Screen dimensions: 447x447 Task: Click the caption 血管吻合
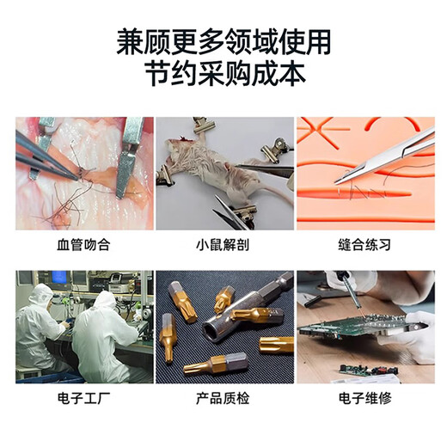click(x=83, y=245)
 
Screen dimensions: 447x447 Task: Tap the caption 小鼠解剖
click(x=223, y=245)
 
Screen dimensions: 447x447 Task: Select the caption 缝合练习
click(x=364, y=245)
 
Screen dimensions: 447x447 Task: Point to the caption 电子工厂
click(x=83, y=398)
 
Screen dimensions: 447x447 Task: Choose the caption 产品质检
click(x=223, y=398)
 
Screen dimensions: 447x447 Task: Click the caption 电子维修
click(x=364, y=398)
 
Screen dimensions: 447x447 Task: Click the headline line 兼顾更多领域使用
click(x=223, y=42)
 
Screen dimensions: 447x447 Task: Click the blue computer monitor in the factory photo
click(x=59, y=277)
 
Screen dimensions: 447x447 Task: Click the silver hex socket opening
click(x=211, y=329)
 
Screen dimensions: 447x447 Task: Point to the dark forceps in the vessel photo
click(x=46, y=157)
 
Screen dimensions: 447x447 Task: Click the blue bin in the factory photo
click(x=50, y=378)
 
